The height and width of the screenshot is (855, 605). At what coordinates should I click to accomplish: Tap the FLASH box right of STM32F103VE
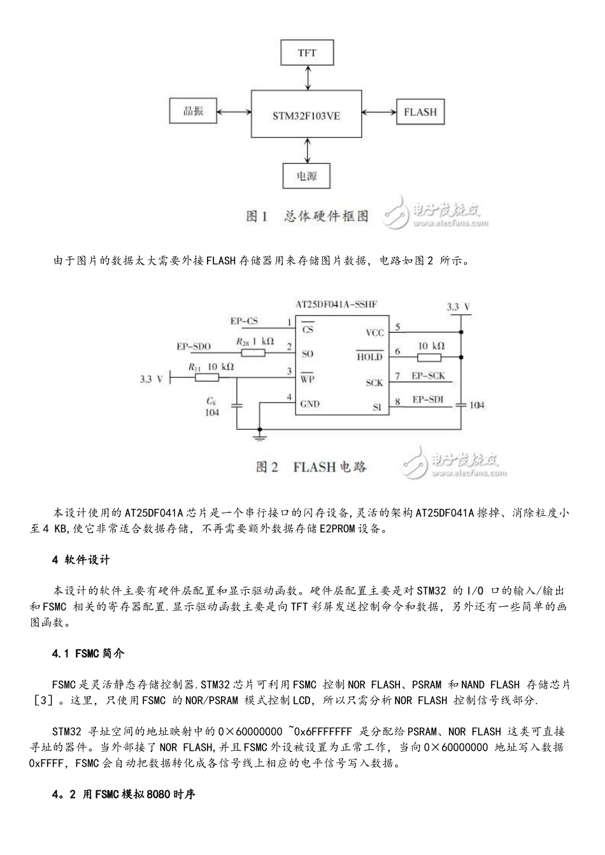pyautogui.click(x=420, y=112)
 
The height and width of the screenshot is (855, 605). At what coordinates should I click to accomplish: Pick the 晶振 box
pyautogui.click(x=193, y=111)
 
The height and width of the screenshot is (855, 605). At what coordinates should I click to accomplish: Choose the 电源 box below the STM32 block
pyautogui.click(x=307, y=176)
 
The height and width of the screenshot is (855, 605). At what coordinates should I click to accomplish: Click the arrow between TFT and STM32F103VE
pyautogui.click(x=308, y=78)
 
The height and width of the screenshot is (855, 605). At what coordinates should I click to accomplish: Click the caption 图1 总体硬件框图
pyautogui.click(x=307, y=216)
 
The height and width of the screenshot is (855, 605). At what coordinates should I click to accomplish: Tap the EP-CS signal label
pyautogui.click(x=244, y=321)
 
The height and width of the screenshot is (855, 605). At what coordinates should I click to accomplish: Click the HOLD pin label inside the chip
pyautogui.click(x=369, y=356)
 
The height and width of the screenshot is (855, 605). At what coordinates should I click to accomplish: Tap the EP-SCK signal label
pyautogui.click(x=428, y=376)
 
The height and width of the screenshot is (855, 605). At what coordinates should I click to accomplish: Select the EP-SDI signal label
pyautogui.click(x=427, y=400)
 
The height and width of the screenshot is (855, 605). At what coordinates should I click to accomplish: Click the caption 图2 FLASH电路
pyautogui.click(x=311, y=467)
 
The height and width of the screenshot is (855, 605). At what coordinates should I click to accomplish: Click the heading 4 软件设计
pyautogui.click(x=81, y=560)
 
